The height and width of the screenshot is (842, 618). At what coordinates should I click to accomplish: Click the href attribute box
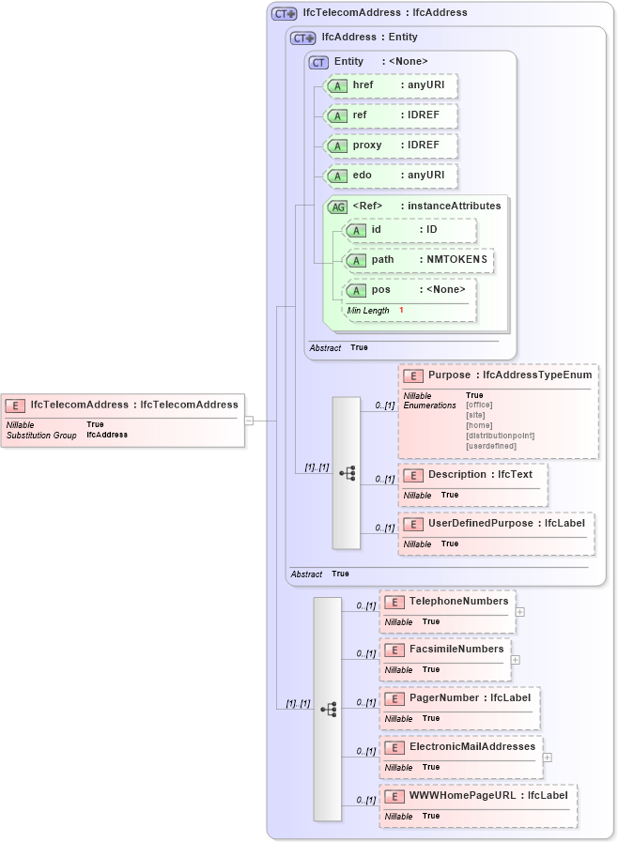click(x=390, y=85)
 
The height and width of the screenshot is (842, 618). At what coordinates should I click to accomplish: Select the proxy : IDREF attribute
click(x=390, y=145)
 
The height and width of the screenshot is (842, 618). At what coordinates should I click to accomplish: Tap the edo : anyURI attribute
click(x=390, y=176)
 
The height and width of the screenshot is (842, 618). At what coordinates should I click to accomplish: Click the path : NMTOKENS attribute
click(x=419, y=260)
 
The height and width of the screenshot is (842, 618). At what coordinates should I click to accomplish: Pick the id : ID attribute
click(x=409, y=230)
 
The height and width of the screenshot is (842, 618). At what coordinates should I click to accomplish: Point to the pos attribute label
click(x=381, y=290)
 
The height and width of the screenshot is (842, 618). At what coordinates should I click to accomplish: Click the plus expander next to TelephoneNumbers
click(x=520, y=612)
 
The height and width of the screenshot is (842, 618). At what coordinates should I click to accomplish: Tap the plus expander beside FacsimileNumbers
click(x=516, y=660)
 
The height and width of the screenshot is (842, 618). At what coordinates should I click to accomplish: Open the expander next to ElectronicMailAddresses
click(x=548, y=758)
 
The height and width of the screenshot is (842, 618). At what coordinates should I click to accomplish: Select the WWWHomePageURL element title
click(x=487, y=796)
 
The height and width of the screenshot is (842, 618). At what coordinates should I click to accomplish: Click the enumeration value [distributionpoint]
click(x=501, y=435)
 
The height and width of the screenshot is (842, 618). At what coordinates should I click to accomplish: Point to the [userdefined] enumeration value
click(x=491, y=445)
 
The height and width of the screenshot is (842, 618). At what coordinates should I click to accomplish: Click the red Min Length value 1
click(x=401, y=311)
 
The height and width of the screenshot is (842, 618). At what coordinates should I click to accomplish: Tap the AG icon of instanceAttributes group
click(x=336, y=207)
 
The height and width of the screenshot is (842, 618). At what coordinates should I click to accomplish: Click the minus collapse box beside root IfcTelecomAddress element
click(x=249, y=421)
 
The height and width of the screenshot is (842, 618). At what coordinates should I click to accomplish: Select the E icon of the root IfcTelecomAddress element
click(x=15, y=406)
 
